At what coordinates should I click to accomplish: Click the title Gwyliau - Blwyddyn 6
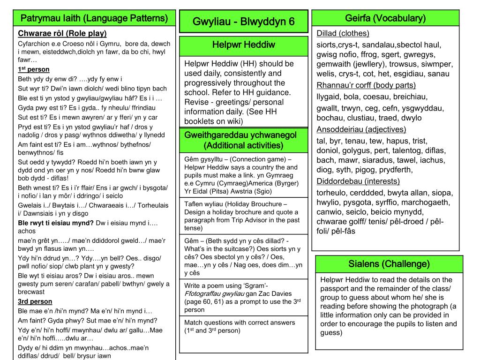click(244, 22)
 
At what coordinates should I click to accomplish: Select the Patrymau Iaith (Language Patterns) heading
click(94, 18)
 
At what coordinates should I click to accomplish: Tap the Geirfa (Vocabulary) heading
click(385, 18)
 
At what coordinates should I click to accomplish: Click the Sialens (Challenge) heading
click(389, 263)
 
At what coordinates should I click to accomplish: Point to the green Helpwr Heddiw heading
click(244, 45)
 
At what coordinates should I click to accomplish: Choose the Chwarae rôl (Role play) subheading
click(62, 33)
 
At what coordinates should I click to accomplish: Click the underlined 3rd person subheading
click(35, 301)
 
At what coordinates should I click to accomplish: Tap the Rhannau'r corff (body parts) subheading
click(366, 85)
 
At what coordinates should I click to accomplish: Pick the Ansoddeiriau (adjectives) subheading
click(361, 129)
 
